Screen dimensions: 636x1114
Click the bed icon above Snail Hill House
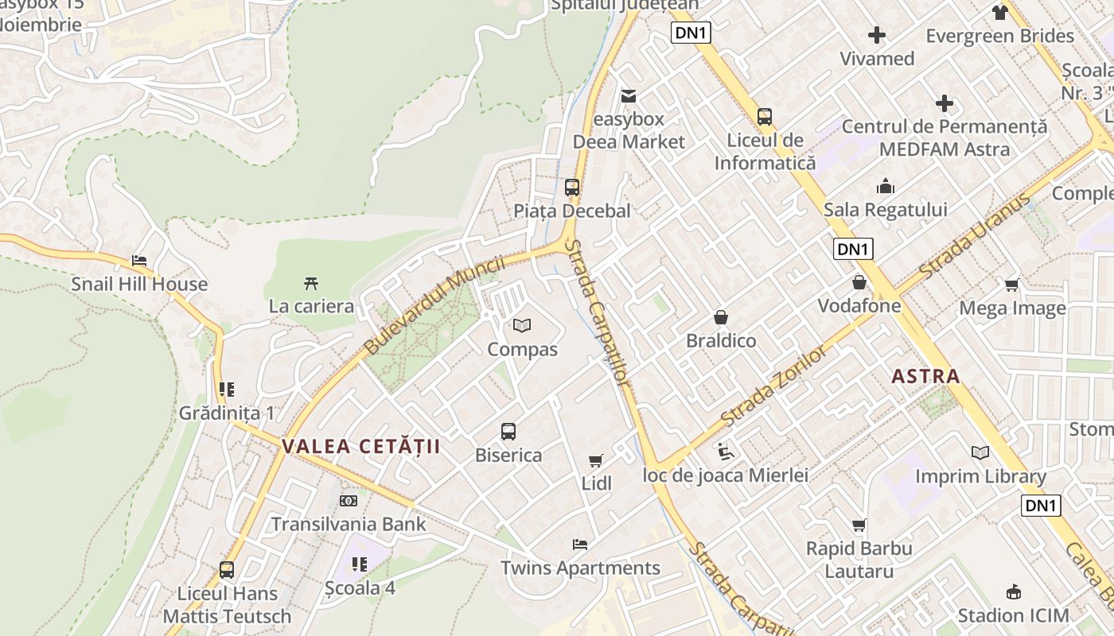click(139, 261)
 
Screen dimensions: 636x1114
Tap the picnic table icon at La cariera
click(311, 283)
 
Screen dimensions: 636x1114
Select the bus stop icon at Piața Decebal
click(572, 188)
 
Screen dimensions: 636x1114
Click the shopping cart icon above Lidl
click(596, 460)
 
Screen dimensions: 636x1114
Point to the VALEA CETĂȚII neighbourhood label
click(360, 446)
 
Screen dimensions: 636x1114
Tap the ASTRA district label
click(925, 376)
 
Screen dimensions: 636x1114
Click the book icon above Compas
click(522, 325)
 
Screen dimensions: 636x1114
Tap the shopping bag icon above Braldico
click(721, 317)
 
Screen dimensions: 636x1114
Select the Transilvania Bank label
click(349, 524)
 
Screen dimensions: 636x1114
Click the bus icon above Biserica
click(508, 432)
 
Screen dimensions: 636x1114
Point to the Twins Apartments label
click(580, 568)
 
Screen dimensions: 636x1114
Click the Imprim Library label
click(980, 476)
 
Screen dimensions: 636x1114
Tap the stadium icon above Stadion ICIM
click(1014, 591)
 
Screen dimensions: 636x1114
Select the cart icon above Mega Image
click(1012, 285)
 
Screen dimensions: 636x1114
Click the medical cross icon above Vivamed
click(877, 35)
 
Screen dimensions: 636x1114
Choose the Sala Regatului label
click(885, 210)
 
